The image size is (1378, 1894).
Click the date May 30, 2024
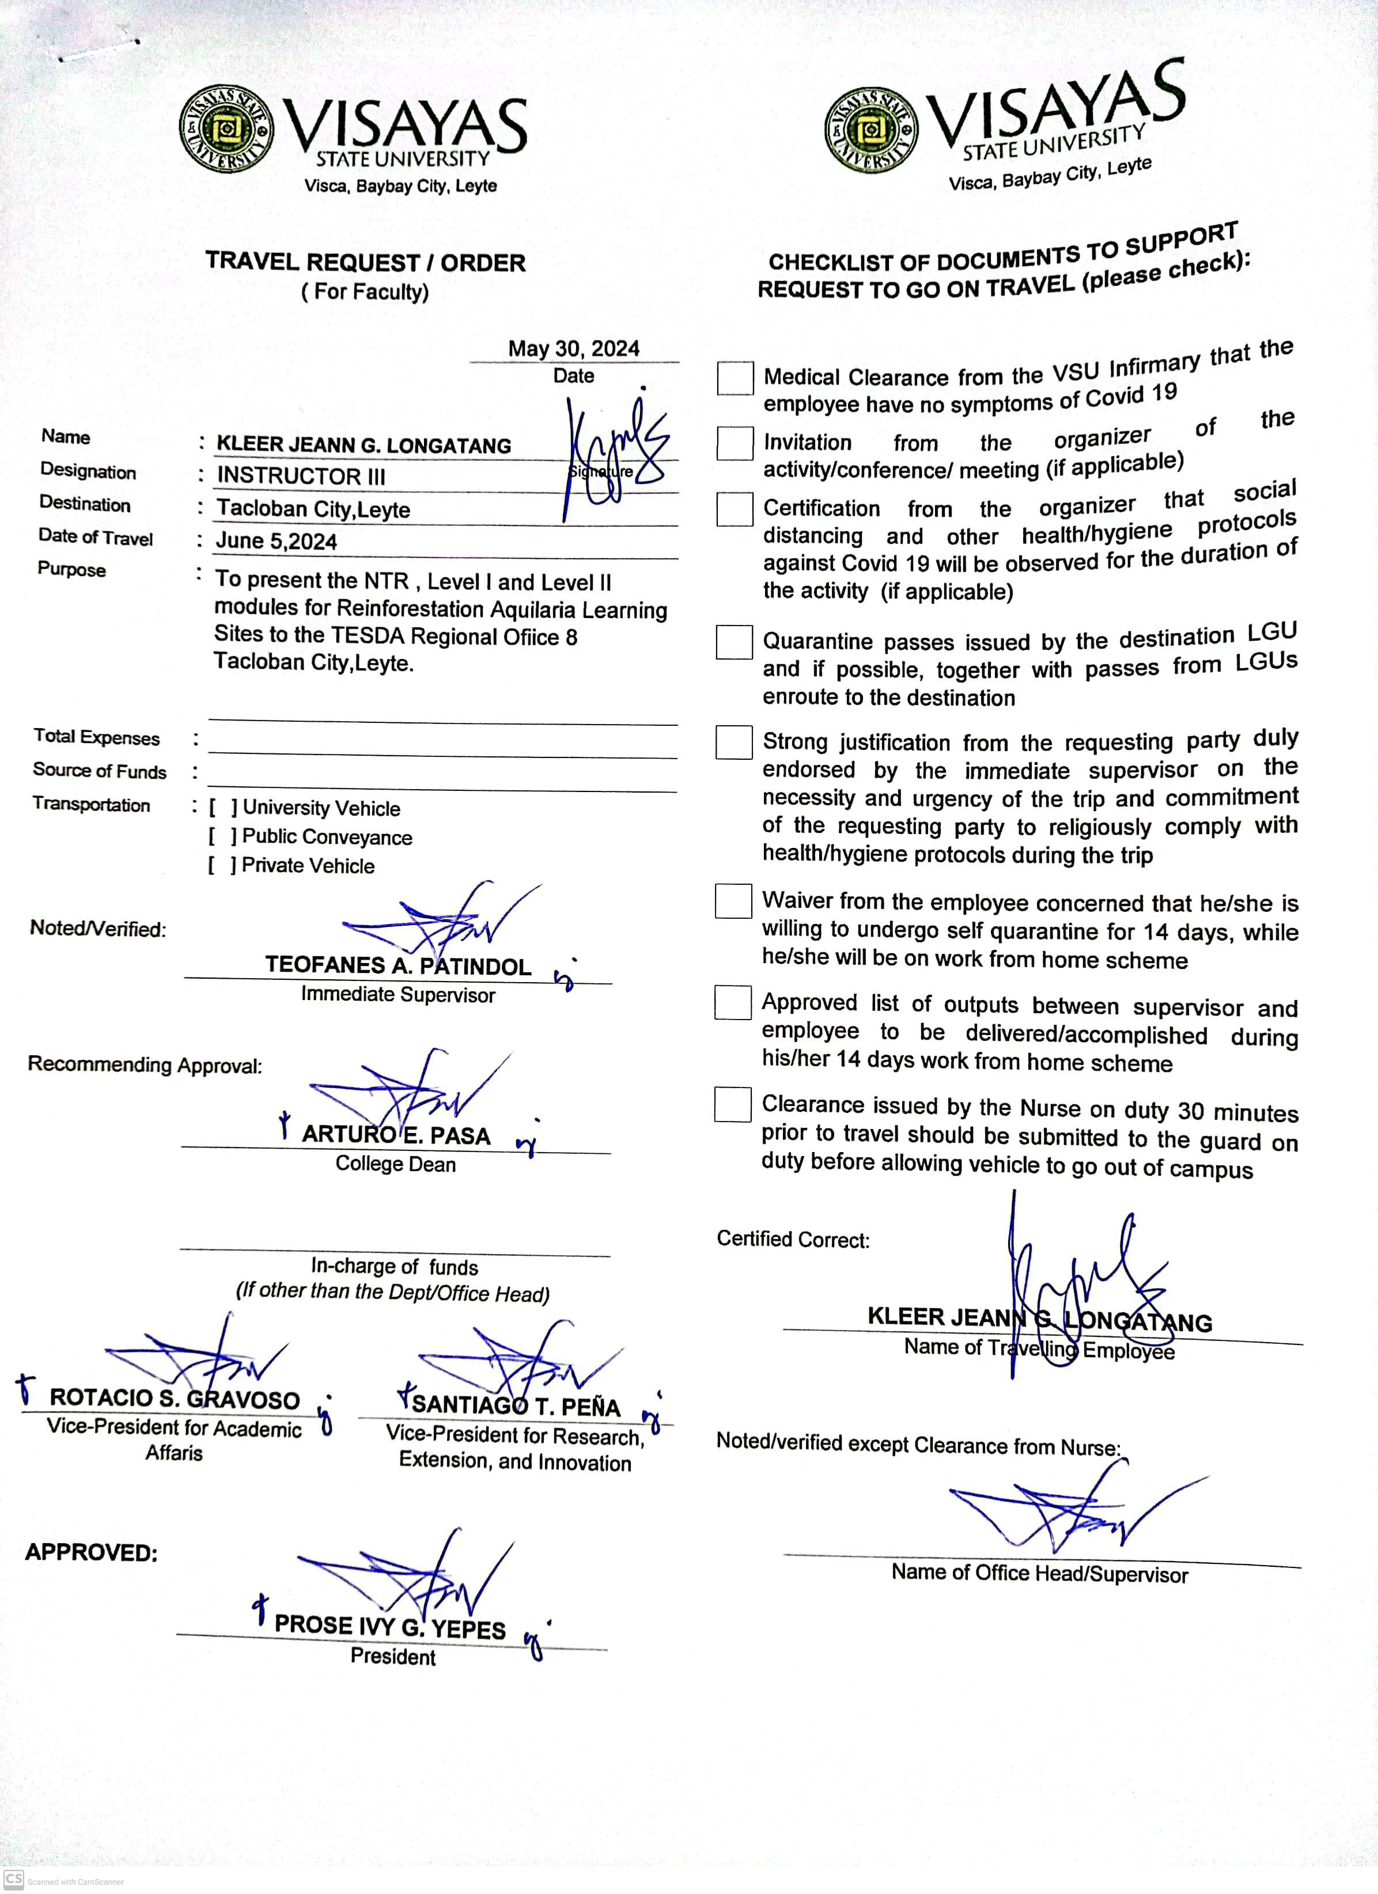click(574, 349)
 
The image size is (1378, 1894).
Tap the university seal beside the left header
click(225, 130)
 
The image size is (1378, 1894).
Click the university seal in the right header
click(870, 130)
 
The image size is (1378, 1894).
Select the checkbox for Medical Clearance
click(735, 378)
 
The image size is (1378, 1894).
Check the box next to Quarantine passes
click(734, 642)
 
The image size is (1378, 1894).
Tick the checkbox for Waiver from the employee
click(733, 901)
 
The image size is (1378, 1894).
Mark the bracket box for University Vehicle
click(223, 808)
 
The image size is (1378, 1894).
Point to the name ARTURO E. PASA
click(396, 1135)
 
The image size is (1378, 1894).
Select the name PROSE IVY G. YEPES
click(390, 1626)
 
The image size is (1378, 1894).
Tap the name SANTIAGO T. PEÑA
click(516, 1406)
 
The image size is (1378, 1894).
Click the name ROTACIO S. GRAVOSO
click(174, 1398)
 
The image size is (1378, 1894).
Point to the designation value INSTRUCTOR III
click(301, 476)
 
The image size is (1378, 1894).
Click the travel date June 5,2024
click(277, 541)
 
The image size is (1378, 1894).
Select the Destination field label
click(85, 505)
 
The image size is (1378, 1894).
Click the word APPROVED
click(91, 1552)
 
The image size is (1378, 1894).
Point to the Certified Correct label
click(793, 1239)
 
